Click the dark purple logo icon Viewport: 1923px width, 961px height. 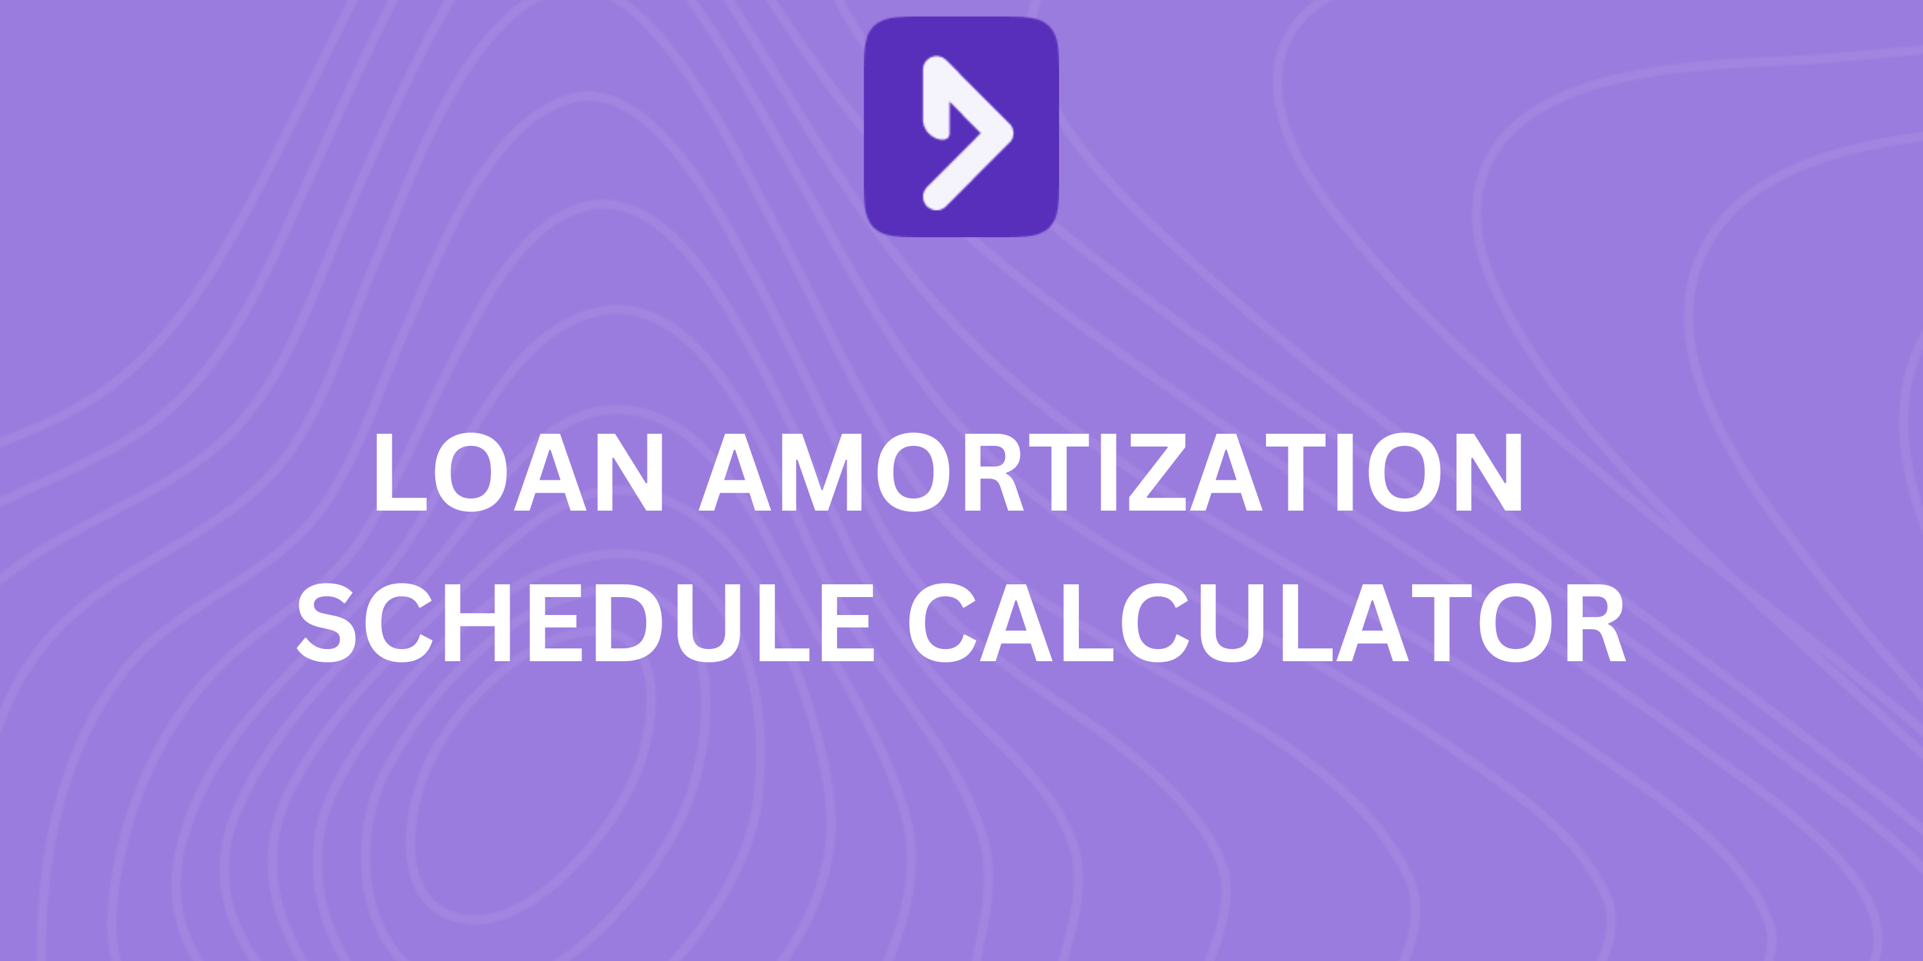point(961,127)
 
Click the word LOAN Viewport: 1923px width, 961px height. point(519,472)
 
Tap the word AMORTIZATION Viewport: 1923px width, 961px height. point(1110,472)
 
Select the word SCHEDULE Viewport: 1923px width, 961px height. point(586,623)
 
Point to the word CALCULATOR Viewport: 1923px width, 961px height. point(1266,623)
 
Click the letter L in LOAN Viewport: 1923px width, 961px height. point(399,472)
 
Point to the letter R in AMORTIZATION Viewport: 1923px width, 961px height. point(994,472)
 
